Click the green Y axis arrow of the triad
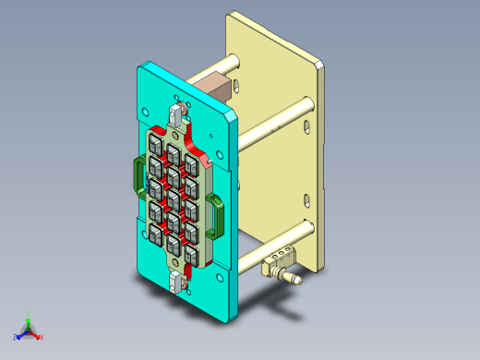(x=29, y=318)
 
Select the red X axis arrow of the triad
(x=38, y=336)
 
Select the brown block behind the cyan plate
(x=215, y=90)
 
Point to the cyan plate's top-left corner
(x=140, y=66)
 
